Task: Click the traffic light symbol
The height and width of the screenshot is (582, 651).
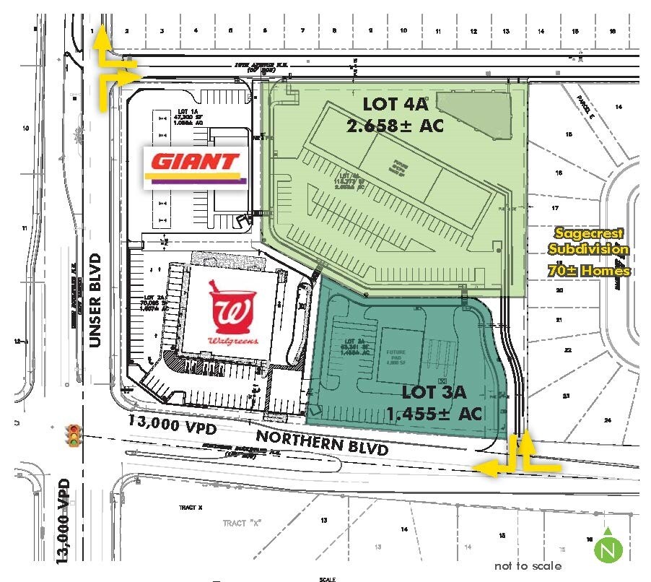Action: [73, 437]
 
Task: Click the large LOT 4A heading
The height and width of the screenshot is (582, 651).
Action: [391, 104]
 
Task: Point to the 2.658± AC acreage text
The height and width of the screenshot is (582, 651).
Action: [395, 126]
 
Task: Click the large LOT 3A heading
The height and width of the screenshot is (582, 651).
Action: [434, 394]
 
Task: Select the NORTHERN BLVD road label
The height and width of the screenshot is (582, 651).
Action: [322, 442]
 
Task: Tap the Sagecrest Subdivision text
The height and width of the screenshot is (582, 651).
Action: [587, 241]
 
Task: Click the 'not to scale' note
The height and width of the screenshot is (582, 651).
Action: [528, 565]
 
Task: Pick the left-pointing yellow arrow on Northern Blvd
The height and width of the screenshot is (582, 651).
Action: [493, 468]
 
